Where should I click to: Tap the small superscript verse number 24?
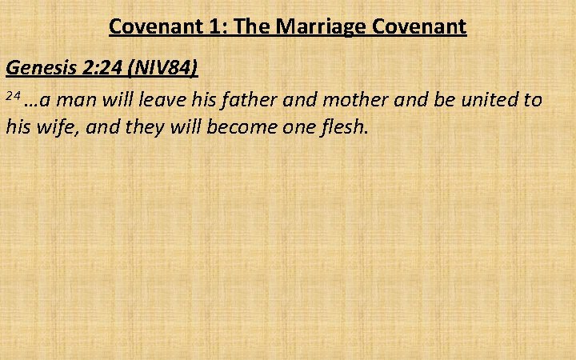pos(12,96)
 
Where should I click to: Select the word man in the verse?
pos(77,100)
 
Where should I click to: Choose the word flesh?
pos(342,126)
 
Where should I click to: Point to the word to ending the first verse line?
pos(534,100)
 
